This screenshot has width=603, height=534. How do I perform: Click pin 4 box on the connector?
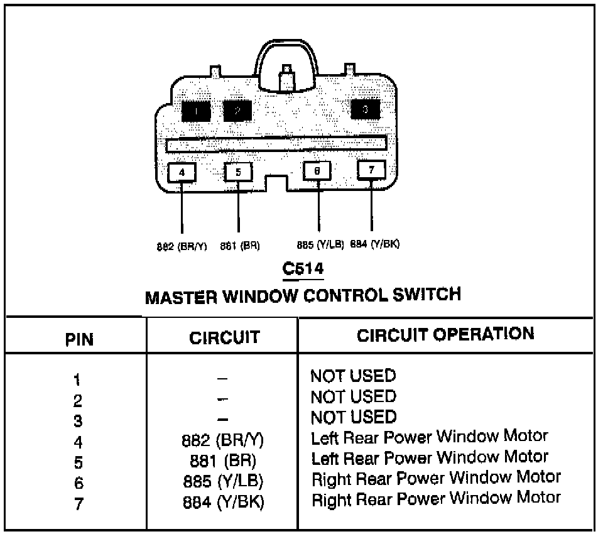tap(182, 172)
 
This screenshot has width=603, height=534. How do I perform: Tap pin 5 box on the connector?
tap(238, 172)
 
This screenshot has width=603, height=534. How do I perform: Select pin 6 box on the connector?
tap(317, 171)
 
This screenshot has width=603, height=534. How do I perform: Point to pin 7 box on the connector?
tap(371, 170)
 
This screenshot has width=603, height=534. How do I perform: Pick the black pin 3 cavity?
tap(366, 109)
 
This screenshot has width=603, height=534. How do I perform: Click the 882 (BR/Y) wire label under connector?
tap(182, 246)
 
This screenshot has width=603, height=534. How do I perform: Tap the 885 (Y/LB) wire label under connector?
tap(320, 245)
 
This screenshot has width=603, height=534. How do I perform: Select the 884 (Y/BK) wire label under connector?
tap(375, 245)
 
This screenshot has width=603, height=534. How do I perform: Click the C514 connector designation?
tap(303, 268)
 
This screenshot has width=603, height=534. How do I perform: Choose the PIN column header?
tap(79, 340)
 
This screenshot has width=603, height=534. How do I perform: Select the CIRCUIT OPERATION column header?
tap(445, 334)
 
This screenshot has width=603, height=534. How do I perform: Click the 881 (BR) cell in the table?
tap(222, 459)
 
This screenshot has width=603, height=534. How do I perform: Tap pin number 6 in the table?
tap(79, 483)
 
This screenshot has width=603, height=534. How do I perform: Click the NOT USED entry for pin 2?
tap(353, 396)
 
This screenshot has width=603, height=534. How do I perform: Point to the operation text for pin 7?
tap(436, 499)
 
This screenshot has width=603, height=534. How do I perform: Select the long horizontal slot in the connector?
tap(276, 145)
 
